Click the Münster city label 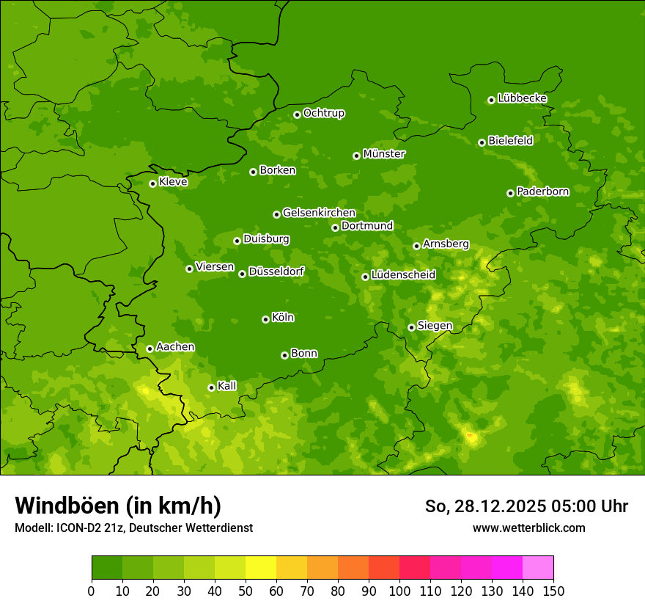click(384, 154)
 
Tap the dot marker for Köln click(265, 319)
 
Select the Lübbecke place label click(522, 98)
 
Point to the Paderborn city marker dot click(510, 193)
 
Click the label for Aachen click(175, 347)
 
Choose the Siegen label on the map click(435, 326)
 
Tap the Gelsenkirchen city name click(319, 214)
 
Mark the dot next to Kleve click(152, 183)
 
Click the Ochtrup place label click(324, 113)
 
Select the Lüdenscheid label click(403, 275)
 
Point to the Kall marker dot click(211, 387)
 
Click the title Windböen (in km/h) click(118, 506)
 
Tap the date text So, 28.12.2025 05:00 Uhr click(526, 506)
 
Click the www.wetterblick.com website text click(528, 528)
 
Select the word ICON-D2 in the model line click(79, 528)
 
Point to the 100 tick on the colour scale click(399, 591)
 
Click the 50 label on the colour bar click(246, 591)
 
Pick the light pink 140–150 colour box click(538, 568)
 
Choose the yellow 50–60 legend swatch click(261, 568)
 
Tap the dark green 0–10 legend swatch click(107, 568)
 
